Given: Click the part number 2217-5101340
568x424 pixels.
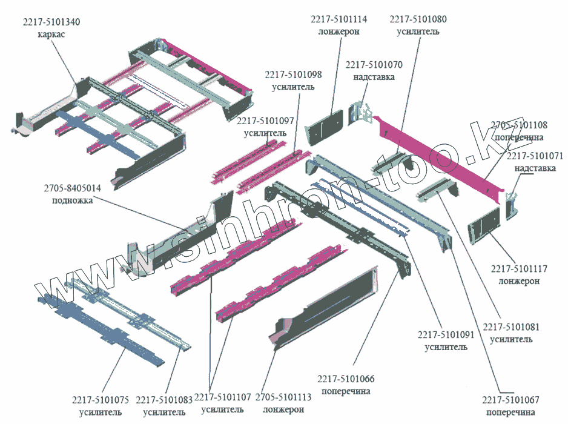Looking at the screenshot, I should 51,22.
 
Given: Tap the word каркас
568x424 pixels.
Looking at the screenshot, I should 51,34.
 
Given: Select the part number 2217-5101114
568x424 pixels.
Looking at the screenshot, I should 338,19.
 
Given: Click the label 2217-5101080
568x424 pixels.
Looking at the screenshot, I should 418,19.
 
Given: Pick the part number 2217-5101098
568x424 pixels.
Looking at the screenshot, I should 292,75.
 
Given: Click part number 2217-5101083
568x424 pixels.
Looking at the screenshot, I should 163,400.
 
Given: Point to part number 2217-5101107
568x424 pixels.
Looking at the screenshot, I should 222,398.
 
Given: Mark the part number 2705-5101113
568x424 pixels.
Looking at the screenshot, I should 283,398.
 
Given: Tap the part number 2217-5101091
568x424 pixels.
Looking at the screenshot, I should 446,335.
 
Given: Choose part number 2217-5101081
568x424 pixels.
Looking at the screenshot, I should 511,328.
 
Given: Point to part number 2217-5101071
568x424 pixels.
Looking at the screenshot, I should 531,156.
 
